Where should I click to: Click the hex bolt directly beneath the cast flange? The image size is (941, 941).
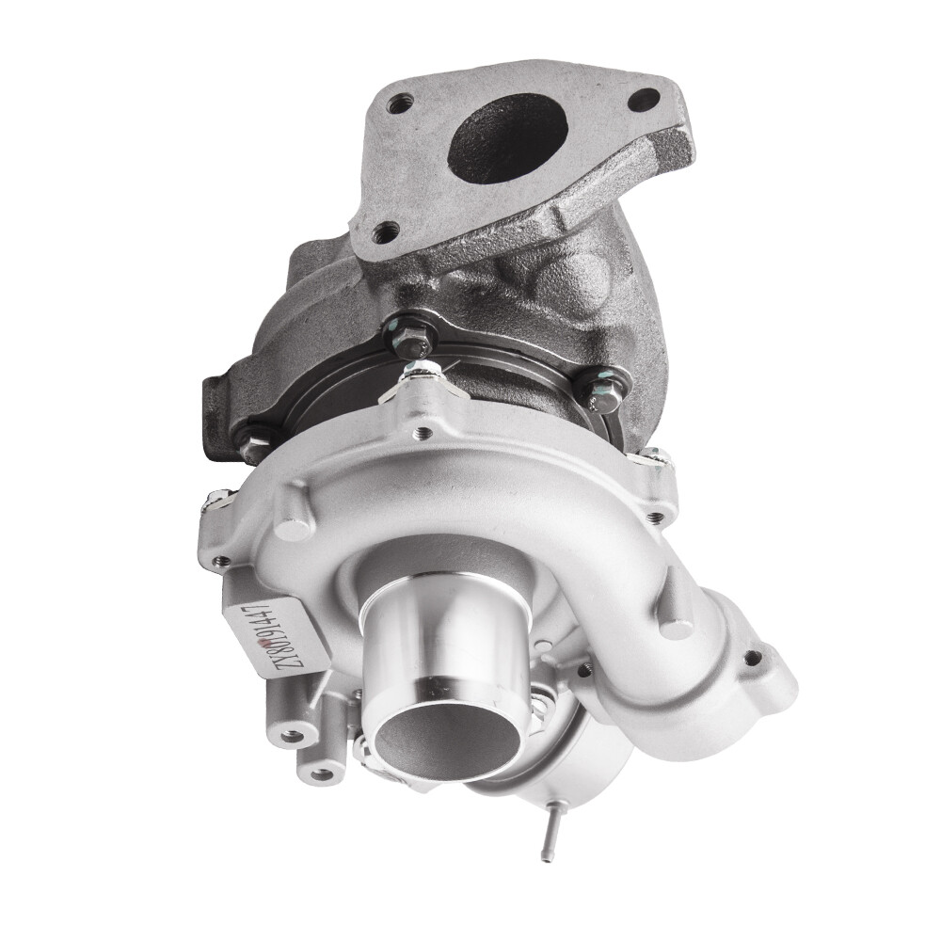(x=412, y=331)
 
